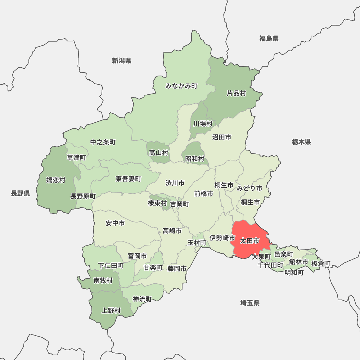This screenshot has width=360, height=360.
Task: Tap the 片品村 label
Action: (236, 94)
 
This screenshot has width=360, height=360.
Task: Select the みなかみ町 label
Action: (181, 86)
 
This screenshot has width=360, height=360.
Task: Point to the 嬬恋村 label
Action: (56, 180)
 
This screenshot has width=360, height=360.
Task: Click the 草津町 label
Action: (77, 157)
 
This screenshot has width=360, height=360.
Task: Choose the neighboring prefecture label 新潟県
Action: (121, 60)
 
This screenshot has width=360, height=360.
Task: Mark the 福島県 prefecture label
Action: (269, 39)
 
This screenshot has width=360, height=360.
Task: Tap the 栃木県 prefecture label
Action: (301, 142)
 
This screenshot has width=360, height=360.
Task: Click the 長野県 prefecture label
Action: (20, 194)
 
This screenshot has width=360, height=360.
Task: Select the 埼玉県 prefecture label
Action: (250, 303)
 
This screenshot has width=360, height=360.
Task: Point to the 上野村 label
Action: (111, 310)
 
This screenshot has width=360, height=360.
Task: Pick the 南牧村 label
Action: (103, 280)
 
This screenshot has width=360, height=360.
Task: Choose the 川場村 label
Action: (203, 124)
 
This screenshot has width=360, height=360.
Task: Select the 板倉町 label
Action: (321, 264)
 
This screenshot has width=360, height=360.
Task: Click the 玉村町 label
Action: (197, 243)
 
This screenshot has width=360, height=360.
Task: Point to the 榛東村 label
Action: (157, 203)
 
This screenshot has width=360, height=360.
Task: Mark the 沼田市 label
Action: (221, 137)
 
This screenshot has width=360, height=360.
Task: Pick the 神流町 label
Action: (142, 299)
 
